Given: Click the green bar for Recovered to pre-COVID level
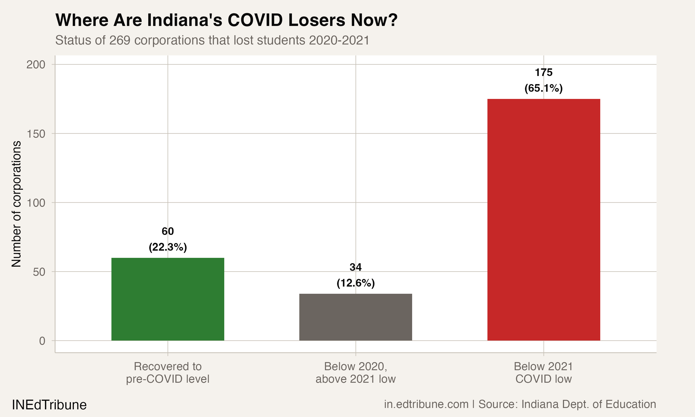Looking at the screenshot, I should (168, 299).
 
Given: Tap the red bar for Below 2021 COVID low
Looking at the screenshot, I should (543, 220).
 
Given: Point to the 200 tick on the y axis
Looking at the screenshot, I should (36, 65).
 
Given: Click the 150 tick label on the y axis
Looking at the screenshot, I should (36, 134).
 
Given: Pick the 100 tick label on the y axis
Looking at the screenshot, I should (36, 203).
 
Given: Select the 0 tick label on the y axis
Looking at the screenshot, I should (42, 341).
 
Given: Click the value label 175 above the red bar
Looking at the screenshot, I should (543, 73).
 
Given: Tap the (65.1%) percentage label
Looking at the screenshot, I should (543, 88).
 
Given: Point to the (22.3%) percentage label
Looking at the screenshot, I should (168, 247).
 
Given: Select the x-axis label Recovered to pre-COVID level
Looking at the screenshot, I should (168, 373).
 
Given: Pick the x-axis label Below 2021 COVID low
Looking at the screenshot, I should (543, 373).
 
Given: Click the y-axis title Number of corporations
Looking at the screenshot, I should (16, 203).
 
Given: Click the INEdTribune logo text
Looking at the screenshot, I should (49, 405).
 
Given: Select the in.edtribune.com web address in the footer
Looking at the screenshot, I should (426, 404).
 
